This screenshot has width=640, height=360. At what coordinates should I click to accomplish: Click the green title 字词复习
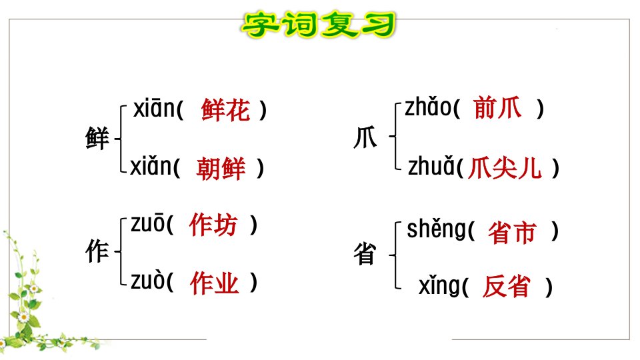point(319,25)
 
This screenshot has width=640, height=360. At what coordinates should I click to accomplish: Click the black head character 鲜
point(97,139)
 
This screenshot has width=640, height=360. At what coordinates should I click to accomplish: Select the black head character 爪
point(365,137)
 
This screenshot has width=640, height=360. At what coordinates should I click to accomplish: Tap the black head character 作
point(97,251)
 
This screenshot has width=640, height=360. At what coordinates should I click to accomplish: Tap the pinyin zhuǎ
point(431,166)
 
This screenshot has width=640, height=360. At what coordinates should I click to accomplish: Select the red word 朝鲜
point(221,168)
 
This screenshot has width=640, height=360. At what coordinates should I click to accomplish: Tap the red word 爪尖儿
point(505,168)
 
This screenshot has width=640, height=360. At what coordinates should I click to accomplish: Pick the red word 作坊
point(213,225)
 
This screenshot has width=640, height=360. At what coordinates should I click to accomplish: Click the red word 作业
point(214,283)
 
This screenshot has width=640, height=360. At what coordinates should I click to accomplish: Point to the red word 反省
point(506,286)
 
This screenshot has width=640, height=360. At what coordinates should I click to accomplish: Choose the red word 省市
point(512,233)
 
